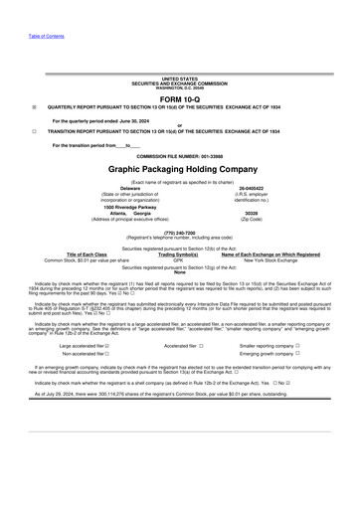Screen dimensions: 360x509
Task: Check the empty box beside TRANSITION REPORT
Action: pyautogui.click(x=35, y=131)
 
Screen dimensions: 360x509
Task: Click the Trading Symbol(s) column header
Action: pyautogui.click(x=179, y=254)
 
